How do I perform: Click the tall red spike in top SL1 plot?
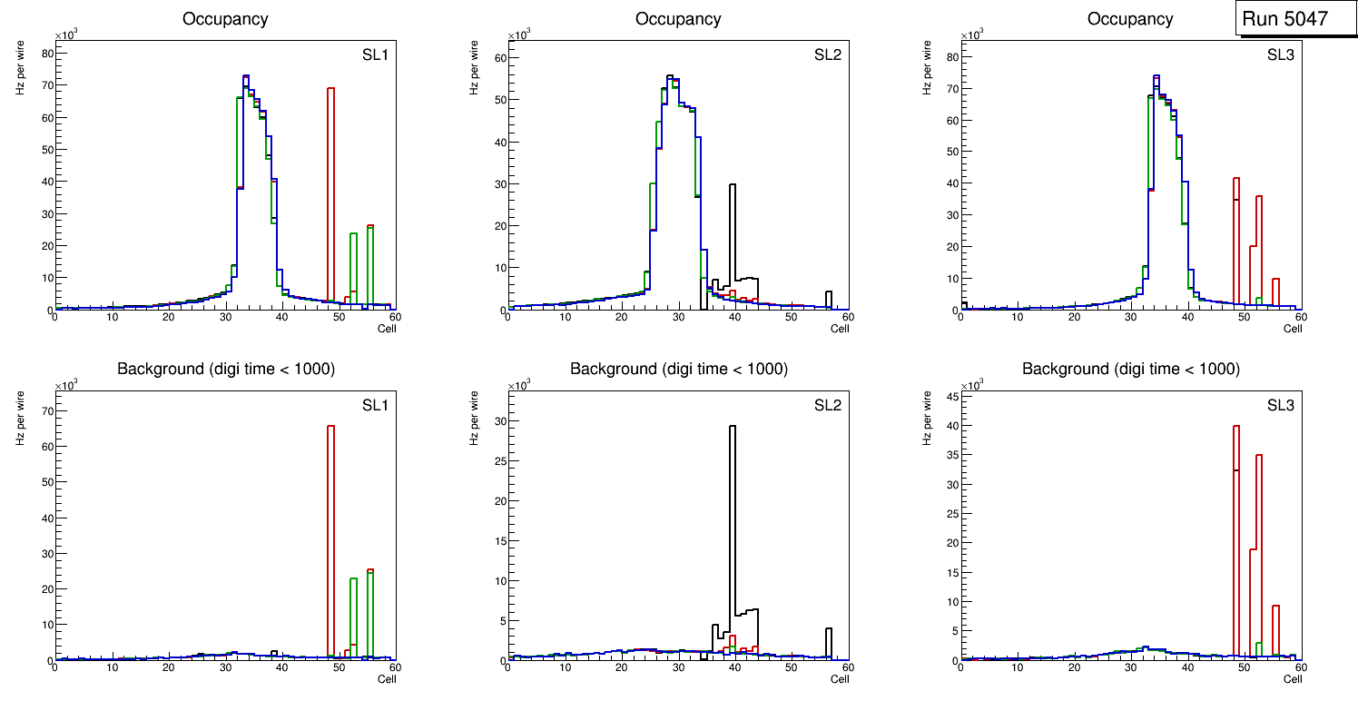pyautogui.click(x=331, y=182)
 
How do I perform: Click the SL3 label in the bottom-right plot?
pyautogui.click(x=1281, y=405)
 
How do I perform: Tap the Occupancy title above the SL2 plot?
pyautogui.click(x=678, y=19)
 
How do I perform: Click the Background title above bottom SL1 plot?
pyautogui.click(x=226, y=369)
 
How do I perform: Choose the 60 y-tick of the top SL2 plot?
pyautogui.click(x=499, y=58)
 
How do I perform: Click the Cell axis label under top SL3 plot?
pyautogui.click(x=1292, y=329)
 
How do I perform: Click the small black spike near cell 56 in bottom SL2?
pyautogui.click(x=829, y=640)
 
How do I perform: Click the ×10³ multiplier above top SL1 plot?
pyautogui.click(x=65, y=35)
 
